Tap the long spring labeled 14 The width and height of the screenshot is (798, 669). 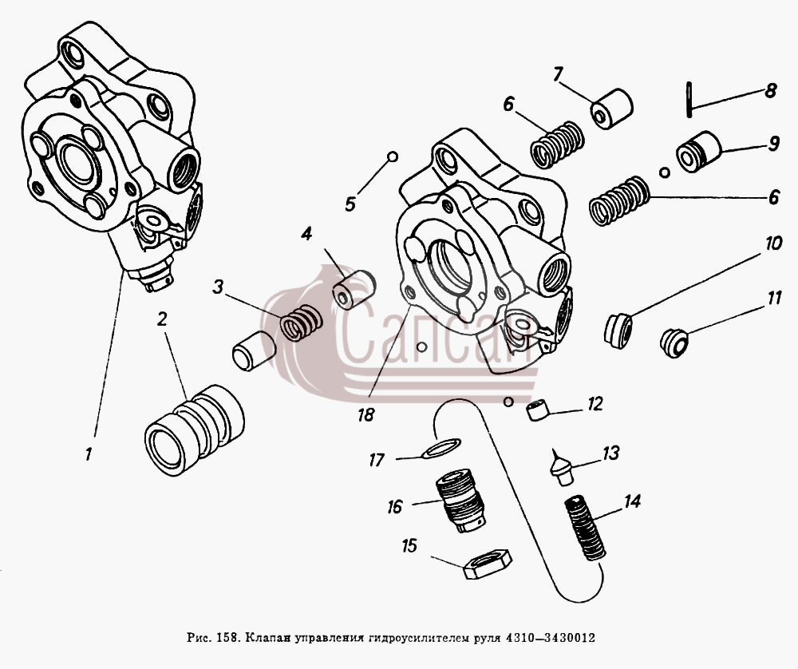tap(586, 528)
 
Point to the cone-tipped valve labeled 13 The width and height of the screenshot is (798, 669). tap(562, 466)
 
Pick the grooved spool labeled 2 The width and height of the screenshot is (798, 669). tap(195, 430)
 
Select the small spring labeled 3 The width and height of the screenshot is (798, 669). tap(302, 323)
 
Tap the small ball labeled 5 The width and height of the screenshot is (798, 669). tap(393, 156)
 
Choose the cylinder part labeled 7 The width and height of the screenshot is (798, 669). tap(611, 109)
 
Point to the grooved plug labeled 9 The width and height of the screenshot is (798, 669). tap(699, 152)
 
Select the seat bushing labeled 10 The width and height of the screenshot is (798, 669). tap(618, 331)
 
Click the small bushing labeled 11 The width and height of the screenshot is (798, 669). tap(674, 343)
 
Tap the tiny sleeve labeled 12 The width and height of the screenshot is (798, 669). tap(539, 410)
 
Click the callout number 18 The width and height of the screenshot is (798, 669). tap(365, 414)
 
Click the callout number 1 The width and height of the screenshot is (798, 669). tap(89, 454)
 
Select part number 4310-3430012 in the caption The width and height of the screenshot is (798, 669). tap(550, 637)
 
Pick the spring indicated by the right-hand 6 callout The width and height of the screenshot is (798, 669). tap(619, 200)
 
